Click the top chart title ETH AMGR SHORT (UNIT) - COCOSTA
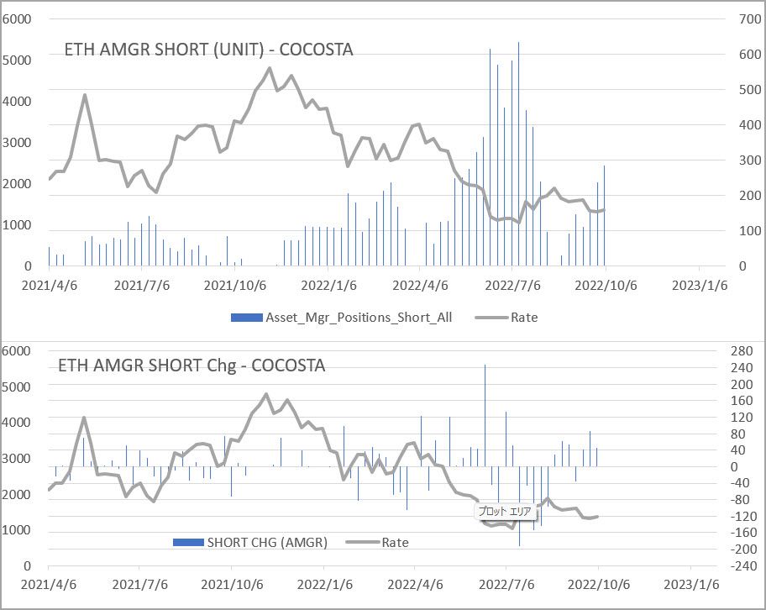(x=208, y=50)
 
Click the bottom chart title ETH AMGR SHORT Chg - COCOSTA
(x=191, y=365)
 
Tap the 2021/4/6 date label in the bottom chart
(x=48, y=583)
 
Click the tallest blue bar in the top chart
(x=518, y=151)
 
